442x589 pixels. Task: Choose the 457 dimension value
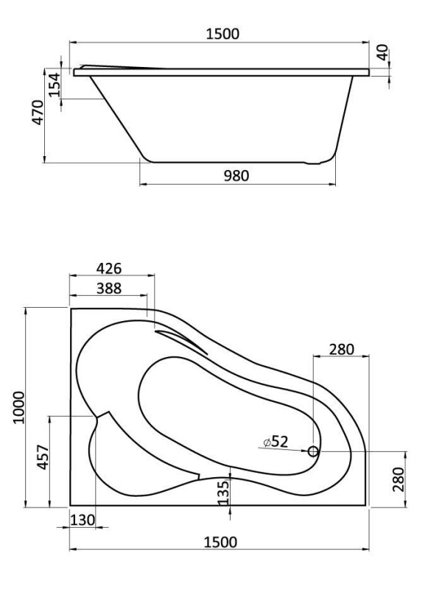pyautogui.click(x=42, y=460)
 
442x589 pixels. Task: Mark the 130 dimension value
pyautogui.click(x=83, y=520)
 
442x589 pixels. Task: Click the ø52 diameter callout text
pyautogui.click(x=274, y=442)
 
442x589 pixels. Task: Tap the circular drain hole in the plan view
pyautogui.click(x=313, y=451)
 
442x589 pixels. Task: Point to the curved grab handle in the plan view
pyautogui.click(x=180, y=340)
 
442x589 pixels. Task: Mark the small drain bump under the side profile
pyautogui.click(x=317, y=161)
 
